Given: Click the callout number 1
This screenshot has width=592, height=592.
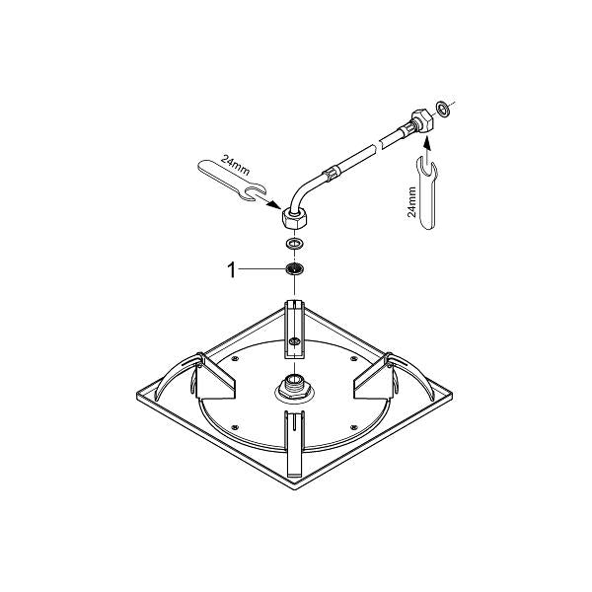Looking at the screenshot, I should [233, 268].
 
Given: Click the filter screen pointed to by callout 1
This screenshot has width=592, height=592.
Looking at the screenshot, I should [294, 268].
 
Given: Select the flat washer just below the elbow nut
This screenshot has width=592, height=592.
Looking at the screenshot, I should [294, 242].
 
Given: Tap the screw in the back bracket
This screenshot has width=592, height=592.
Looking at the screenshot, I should [294, 340].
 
